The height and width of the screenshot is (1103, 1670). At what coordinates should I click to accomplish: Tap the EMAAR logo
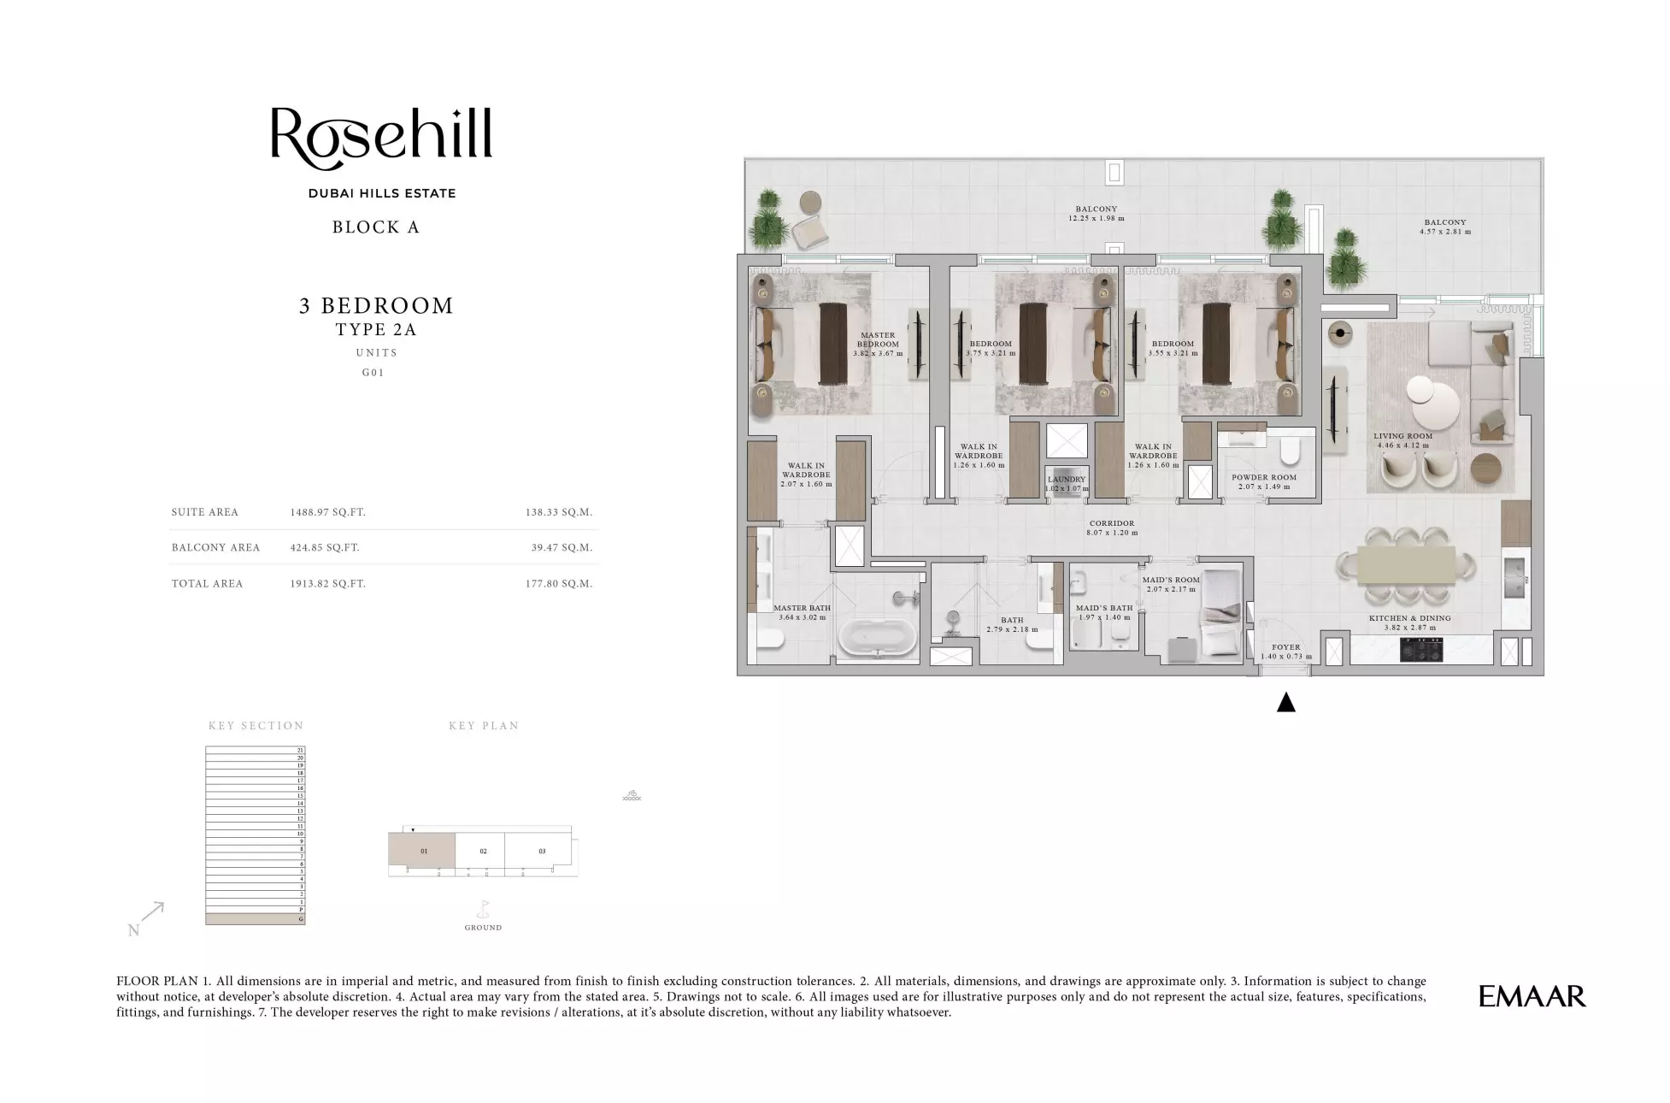[x=1532, y=996]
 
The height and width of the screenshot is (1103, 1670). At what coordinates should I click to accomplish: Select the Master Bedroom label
[x=878, y=339]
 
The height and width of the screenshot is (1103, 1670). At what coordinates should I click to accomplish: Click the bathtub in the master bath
[x=878, y=637]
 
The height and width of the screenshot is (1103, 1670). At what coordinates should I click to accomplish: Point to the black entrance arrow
[x=1285, y=703]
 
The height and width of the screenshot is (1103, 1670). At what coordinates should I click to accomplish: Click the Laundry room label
[x=1067, y=480]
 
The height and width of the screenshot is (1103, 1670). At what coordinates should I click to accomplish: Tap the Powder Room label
[x=1264, y=477]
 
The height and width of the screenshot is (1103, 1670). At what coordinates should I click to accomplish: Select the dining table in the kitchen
[x=1405, y=566]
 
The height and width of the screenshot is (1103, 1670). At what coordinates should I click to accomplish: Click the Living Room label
[x=1403, y=436]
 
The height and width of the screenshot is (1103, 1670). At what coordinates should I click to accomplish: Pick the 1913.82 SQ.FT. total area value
[x=327, y=584]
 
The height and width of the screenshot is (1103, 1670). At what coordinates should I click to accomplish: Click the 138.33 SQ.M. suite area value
[x=559, y=513]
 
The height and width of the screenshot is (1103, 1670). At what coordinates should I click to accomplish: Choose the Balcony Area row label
[x=215, y=548]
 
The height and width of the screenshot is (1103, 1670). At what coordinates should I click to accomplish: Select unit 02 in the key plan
[x=483, y=852]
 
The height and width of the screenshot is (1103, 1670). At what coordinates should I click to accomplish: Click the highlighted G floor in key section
[x=255, y=919]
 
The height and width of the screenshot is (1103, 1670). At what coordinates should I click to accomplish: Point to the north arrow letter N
[x=133, y=930]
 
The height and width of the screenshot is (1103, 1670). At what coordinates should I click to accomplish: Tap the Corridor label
[x=1112, y=523]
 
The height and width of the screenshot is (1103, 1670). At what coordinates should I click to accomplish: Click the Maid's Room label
[x=1171, y=580]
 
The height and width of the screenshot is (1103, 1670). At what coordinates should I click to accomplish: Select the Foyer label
[x=1285, y=647]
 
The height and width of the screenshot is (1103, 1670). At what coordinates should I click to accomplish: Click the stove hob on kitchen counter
[x=1421, y=651]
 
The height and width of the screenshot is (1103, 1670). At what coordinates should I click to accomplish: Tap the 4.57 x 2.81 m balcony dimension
[x=1445, y=232]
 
